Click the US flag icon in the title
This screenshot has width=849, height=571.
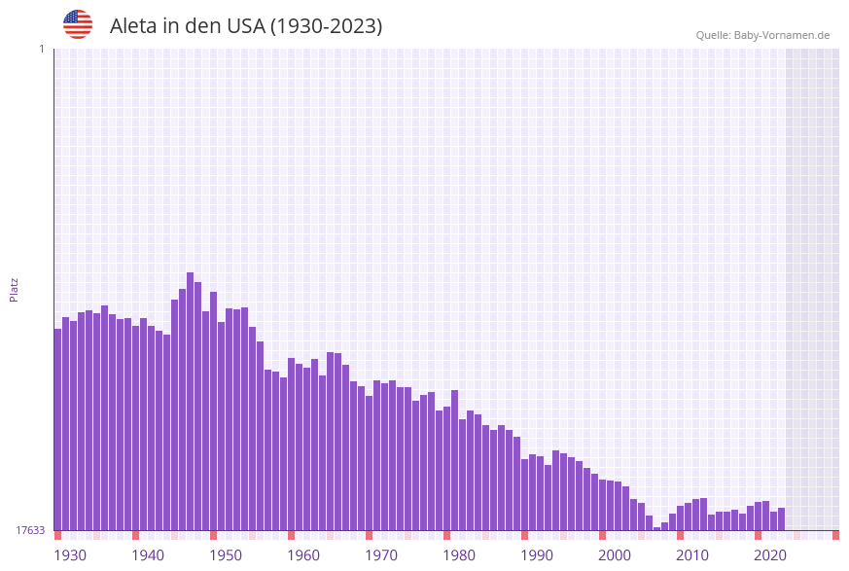pyautogui.click(x=78, y=24)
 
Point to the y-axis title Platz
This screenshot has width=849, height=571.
pyautogui.click(x=15, y=289)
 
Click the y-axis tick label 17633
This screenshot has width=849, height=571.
pyautogui.click(x=30, y=530)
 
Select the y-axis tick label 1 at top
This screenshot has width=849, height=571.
pyautogui.click(x=42, y=49)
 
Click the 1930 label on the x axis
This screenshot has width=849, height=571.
pyautogui.click(x=70, y=555)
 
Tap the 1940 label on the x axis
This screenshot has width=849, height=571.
pyautogui.click(x=148, y=555)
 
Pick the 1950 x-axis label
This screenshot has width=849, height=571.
pyautogui.click(x=226, y=555)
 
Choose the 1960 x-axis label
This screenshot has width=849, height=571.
pyautogui.click(x=303, y=555)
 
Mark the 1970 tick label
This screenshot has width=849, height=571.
pyautogui.click(x=381, y=555)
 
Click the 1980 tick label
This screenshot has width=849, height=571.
pyautogui.click(x=459, y=555)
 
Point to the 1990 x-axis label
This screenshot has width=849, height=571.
pyautogui.click(x=537, y=555)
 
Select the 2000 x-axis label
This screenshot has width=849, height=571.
pyautogui.click(x=615, y=555)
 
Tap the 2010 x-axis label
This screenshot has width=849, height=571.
pyautogui.click(x=692, y=555)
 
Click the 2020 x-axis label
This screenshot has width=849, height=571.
pyautogui.click(x=770, y=555)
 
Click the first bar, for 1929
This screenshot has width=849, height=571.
pyautogui.click(x=58, y=429)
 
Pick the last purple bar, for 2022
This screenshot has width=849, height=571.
pyautogui.click(x=782, y=518)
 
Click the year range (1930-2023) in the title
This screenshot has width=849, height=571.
pyautogui.click(x=326, y=26)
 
